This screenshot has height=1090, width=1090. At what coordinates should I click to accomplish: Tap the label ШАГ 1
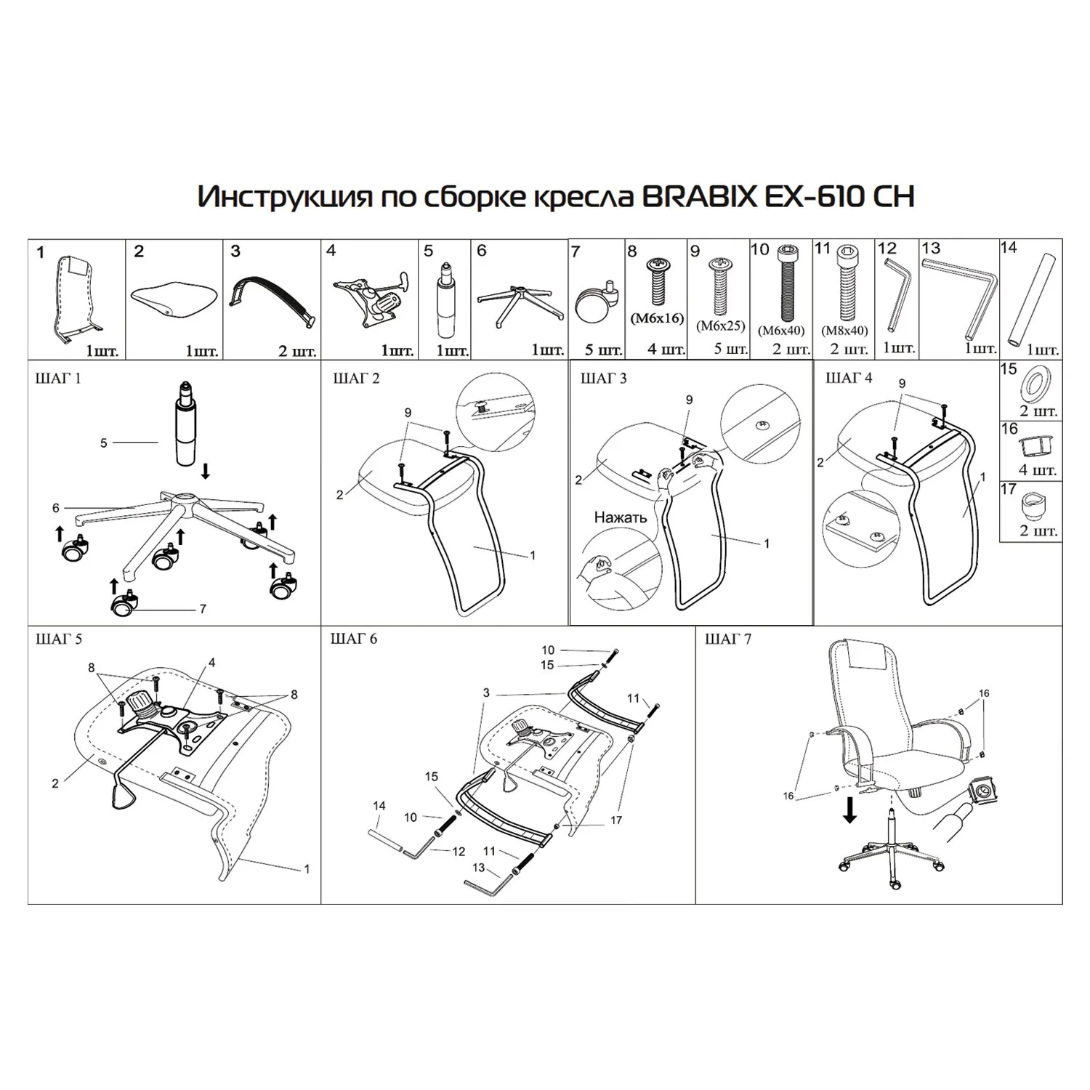(59, 379)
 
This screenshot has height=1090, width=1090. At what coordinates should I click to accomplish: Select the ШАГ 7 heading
(728, 639)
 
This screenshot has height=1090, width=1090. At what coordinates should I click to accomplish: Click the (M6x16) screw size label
(657, 318)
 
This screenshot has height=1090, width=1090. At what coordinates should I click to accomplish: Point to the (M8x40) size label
(844, 330)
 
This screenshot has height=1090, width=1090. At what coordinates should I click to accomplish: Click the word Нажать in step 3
(620, 517)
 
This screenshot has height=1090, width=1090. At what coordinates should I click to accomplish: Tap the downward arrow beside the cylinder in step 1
(206, 472)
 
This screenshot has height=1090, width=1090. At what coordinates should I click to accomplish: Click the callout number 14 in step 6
(379, 806)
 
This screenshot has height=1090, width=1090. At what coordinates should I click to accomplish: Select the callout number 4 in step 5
(211, 663)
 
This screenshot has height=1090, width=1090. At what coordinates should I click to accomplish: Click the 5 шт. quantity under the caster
(605, 350)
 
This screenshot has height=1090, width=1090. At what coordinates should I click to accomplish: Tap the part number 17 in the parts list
(1008, 489)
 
